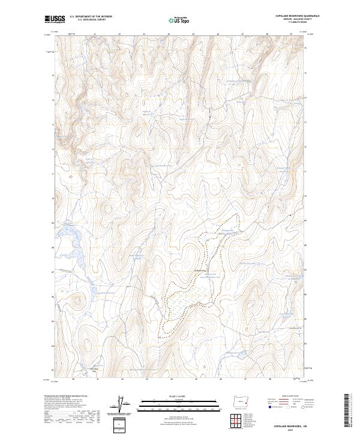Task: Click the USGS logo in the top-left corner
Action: click(x=55, y=19)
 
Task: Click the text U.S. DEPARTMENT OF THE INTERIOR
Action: click(x=91, y=17)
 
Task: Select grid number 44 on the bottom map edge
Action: click(x=171, y=379)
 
